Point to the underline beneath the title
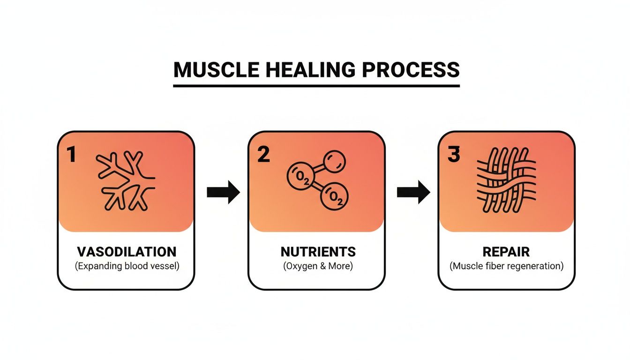coord(316,85)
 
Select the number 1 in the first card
coord(71,155)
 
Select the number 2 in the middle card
coord(263,155)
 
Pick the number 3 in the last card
coord(453,155)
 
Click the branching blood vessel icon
coord(126,180)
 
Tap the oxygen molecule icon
coord(316,180)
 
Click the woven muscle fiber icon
coord(506,180)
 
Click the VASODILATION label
coord(127,252)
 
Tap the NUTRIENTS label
coord(318,252)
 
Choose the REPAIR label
coord(507,252)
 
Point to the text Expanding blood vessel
coord(127,266)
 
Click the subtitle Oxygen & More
coord(318,266)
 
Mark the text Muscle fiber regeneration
coord(507,266)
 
